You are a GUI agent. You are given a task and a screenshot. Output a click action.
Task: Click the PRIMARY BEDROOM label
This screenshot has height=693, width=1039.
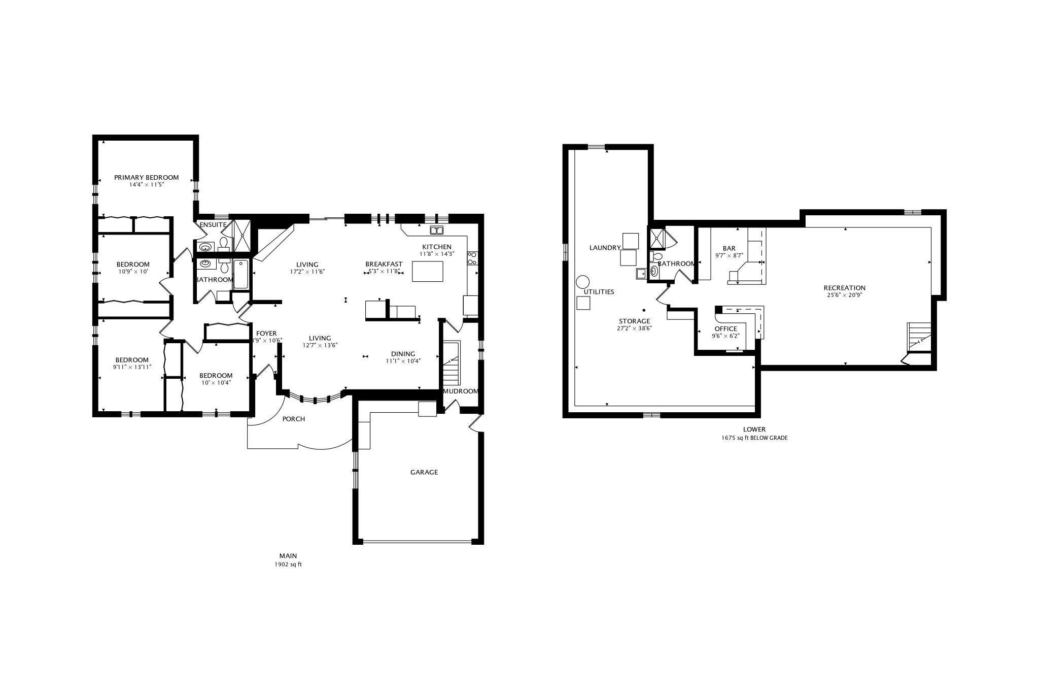tap(146, 177)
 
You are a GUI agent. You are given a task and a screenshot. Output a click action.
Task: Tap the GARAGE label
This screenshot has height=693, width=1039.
tap(424, 472)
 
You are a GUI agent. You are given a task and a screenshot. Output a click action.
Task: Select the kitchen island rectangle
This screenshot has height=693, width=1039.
tap(428, 271)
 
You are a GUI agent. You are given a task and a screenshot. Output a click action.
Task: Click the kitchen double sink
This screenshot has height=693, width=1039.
tap(436, 230)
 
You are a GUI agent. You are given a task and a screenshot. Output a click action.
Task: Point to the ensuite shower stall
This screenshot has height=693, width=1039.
tap(241, 236)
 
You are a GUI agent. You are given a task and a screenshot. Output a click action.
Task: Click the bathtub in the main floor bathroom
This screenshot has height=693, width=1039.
tap(241, 274)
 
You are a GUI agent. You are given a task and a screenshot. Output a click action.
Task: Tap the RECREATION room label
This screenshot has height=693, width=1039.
tap(844, 288)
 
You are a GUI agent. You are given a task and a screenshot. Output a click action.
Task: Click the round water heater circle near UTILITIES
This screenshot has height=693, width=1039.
tap(583, 282)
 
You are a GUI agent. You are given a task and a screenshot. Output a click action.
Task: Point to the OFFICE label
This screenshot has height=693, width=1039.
tap(725, 329)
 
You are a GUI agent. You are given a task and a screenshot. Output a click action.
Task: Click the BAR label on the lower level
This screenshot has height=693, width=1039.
tap(729, 248)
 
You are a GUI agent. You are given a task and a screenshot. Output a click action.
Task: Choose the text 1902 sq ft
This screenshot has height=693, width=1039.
tap(288, 564)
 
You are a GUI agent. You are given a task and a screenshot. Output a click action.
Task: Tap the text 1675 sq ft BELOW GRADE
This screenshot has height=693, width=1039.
tap(754, 438)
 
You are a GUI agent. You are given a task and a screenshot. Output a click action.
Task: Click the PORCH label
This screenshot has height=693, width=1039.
tap(294, 419)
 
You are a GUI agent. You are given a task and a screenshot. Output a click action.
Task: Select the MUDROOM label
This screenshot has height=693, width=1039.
tap(461, 391)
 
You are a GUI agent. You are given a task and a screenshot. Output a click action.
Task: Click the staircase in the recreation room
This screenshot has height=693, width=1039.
tap(920, 337)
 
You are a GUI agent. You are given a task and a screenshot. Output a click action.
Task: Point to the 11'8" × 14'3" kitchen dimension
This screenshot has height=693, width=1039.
tap(437, 254)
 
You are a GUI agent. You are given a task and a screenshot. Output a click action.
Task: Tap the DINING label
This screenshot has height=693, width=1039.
tap(403, 354)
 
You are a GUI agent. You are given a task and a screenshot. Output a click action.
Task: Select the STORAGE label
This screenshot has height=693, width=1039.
tap(634, 321)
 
